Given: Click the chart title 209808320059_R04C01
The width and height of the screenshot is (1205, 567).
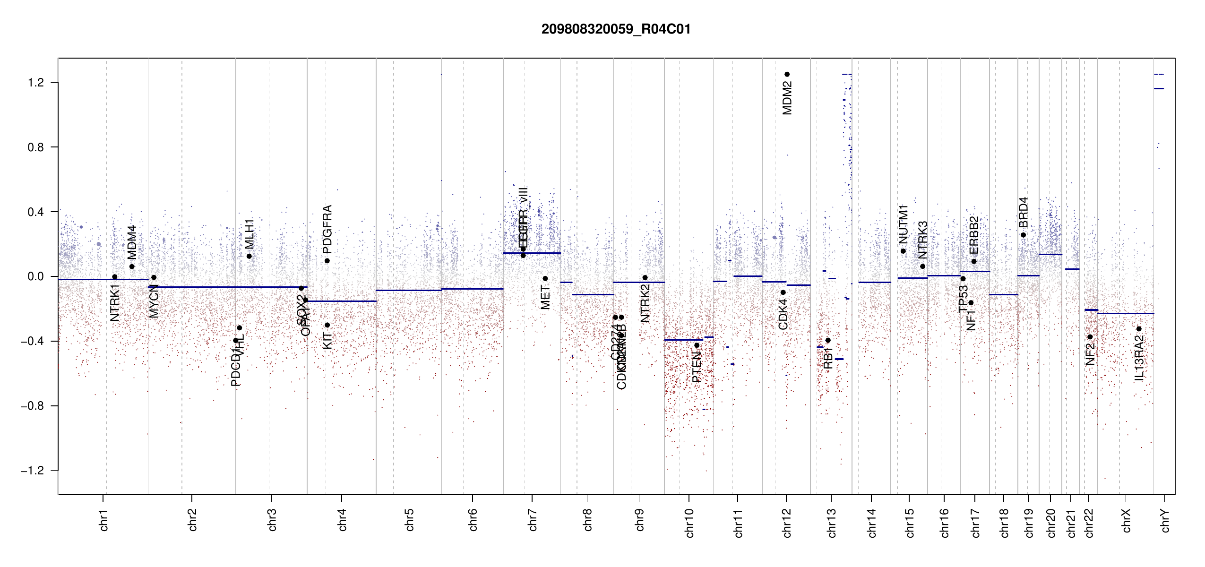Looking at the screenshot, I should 616,29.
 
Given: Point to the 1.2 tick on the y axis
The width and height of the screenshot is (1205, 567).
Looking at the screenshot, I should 35,83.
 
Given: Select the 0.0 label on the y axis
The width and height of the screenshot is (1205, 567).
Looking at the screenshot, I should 35,276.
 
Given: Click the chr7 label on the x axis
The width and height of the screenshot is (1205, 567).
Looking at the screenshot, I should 533,520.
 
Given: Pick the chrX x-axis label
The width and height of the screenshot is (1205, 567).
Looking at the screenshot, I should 1126,520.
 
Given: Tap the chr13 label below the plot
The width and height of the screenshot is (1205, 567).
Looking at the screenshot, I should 832,523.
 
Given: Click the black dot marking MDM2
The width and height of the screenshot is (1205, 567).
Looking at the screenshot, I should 787,74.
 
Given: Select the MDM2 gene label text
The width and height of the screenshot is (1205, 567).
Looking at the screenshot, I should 787,98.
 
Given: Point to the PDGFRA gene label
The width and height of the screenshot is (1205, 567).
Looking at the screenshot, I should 327,229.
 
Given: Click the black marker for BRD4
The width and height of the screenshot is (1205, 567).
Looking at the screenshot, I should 1024,235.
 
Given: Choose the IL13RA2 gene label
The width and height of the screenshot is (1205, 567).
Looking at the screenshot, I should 1139,358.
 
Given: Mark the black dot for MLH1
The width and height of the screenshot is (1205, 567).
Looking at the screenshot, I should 249,256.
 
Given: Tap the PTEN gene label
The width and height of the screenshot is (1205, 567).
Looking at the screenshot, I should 697,367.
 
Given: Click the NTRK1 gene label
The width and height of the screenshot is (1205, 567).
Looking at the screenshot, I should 115,303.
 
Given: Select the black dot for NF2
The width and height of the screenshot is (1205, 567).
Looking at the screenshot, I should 1090,337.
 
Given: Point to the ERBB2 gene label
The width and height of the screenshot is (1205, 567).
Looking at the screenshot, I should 974,235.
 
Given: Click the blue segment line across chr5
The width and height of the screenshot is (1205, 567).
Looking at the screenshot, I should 409,290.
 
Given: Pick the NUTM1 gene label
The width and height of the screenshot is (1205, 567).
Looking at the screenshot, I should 904,224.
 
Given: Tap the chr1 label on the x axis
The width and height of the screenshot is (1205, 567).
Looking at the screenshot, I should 104,520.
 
